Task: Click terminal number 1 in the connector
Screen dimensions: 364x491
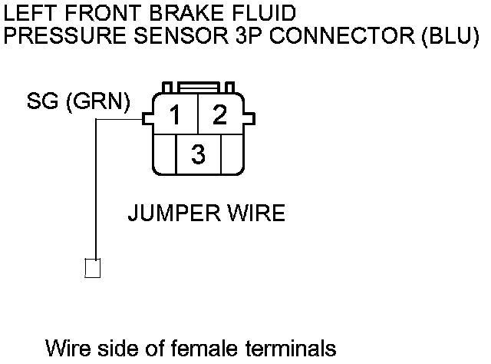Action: (176, 116)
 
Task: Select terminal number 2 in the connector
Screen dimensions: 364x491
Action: (220, 115)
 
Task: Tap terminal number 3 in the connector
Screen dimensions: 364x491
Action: (198, 154)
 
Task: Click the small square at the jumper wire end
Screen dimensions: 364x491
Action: (93, 268)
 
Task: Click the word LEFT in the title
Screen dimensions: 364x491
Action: (28, 13)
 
